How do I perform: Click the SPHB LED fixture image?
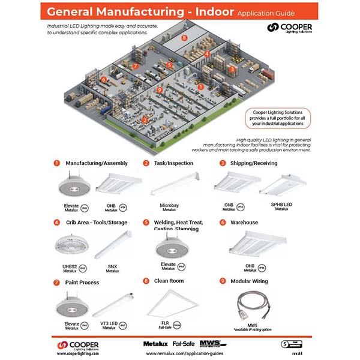point(282,186)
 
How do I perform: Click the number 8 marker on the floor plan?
point(185,37)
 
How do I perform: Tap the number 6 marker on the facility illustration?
point(104,79)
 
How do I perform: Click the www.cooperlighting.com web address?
point(78,353)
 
